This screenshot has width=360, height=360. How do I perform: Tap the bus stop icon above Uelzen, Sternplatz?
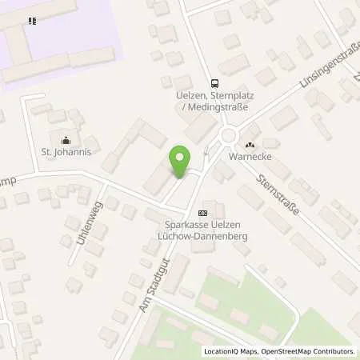click(x=214, y=82)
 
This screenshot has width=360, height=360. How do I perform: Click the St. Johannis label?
click(x=66, y=150)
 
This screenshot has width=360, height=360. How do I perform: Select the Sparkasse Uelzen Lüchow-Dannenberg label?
click(x=202, y=230)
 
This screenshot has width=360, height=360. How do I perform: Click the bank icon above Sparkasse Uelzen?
click(x=202, y=213)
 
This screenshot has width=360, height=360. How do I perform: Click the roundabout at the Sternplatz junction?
click(x=229, y=135)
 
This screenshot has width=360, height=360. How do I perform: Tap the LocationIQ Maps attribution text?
click(x=230, y=351)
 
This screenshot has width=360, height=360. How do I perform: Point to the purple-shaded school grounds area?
click(x=64, y=32)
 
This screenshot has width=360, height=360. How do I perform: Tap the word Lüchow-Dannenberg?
click(x=202, y=236)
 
